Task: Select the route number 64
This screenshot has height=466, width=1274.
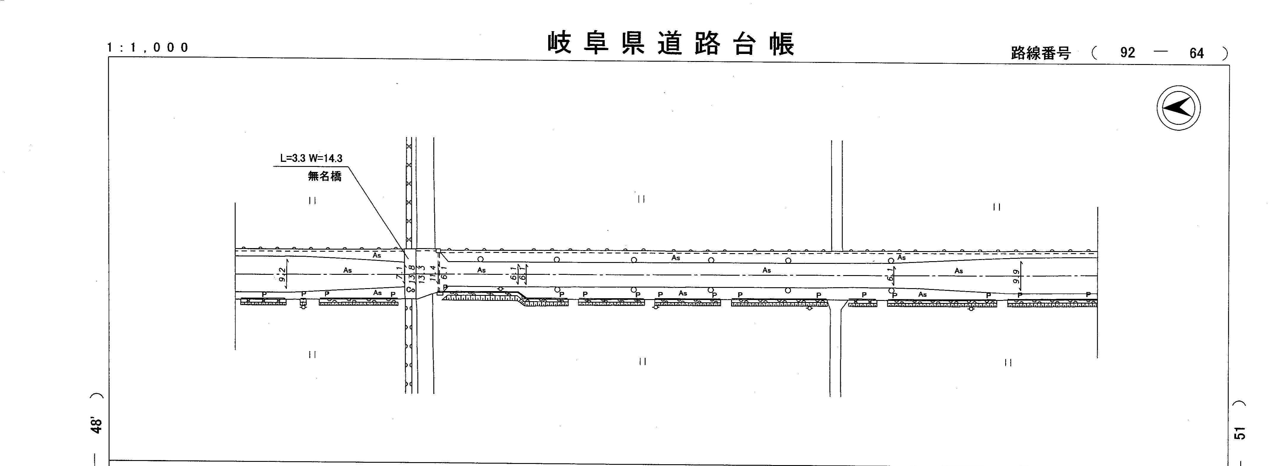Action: coord(1197,53)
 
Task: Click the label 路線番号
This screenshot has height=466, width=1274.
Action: coord(1040,53)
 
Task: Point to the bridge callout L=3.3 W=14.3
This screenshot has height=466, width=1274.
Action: coord(311,158)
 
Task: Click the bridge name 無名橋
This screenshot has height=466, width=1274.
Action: coord(325,175)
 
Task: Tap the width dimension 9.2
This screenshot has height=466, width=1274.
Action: coord(282,275)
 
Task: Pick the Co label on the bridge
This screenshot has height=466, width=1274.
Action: coord(410,290)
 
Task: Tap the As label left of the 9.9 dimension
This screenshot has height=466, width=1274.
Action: coord(958,271)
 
